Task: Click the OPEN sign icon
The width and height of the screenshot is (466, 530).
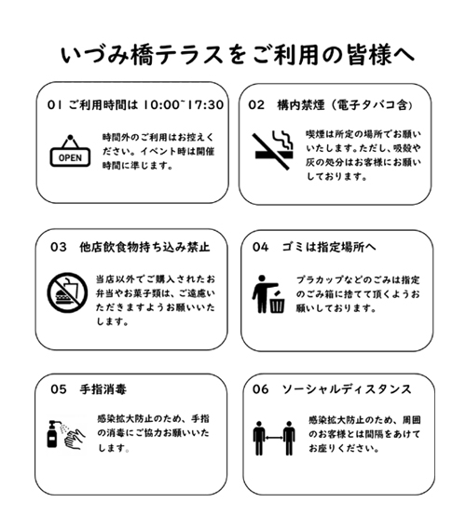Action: click(70, 151)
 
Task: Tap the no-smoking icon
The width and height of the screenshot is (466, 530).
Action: click(272, 150)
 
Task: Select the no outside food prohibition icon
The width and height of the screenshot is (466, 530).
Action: click(67, 292)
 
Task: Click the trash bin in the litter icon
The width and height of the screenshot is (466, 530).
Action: click(278, 303)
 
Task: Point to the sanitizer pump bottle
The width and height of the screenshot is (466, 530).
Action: click(52, 434)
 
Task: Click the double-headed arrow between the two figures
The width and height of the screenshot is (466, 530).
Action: click(274, 438)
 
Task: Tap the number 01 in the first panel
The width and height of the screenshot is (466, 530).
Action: click(54, 104)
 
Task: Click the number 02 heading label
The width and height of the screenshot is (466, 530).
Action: click(256, 104)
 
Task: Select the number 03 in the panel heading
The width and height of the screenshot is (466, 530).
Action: click(58, 247)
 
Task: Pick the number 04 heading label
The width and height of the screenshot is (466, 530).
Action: click(260, 247)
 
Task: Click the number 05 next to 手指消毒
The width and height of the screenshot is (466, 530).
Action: click(59, 389)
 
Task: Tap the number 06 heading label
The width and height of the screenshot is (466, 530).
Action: click(260, 389)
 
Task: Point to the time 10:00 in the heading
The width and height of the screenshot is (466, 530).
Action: click(161, 104)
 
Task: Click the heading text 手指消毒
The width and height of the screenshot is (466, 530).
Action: click(103, 389)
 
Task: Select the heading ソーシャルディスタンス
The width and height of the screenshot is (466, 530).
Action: click(347, 389)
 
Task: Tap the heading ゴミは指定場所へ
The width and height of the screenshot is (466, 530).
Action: click(329, 247)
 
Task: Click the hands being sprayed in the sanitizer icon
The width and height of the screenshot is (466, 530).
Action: click(75, 439)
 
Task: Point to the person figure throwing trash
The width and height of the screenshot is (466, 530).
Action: click(263, 293)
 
